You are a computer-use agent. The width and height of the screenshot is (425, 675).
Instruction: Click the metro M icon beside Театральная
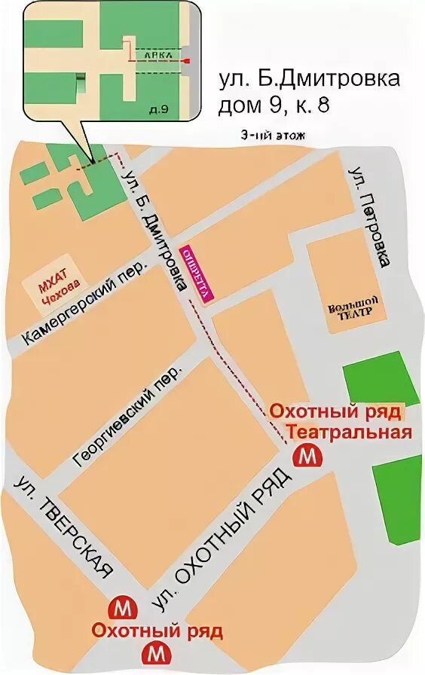(307, 456)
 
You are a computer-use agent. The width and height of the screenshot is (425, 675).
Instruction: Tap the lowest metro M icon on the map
(157, 652)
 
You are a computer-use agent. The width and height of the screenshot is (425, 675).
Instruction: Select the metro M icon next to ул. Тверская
(121, 606)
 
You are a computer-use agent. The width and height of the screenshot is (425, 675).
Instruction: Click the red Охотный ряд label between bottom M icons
(157, 630)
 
